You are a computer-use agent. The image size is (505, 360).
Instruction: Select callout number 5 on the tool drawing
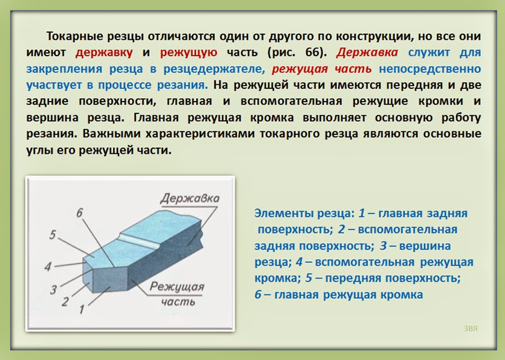coord(52,235)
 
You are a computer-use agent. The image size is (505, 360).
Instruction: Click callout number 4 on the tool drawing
coord(49,266)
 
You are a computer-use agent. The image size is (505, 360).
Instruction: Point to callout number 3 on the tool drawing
coord(53,289)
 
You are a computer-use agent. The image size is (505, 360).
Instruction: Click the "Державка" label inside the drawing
coord(189,199)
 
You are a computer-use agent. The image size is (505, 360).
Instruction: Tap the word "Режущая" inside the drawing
coord(185,288)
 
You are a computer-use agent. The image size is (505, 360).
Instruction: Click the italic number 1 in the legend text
coord(362,214)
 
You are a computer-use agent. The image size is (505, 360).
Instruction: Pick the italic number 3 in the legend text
coord(383,246)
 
